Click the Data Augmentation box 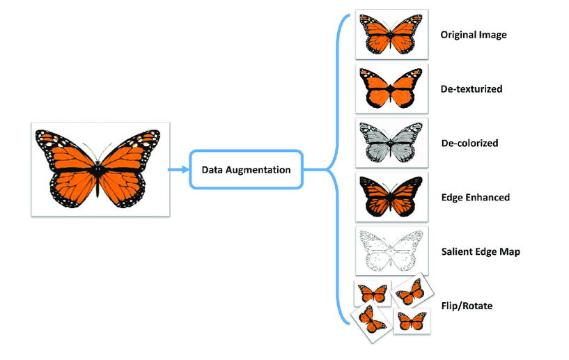click(x=246, y=169)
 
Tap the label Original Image click(x=474, y=35)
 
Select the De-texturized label click(x=471, y=89)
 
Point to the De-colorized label click(x=469, y=143)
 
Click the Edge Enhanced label click(x=475, y=197)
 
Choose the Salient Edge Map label click(x=481, y=251)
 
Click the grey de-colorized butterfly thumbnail click(x=391, y=143)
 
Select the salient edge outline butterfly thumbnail click(x=391, y=251)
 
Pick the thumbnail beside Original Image click(x=391, y=34)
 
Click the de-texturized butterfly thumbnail click(x=391, y=88)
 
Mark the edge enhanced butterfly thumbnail click(x=391, y=197)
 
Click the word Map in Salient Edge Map click(x=509, y=251)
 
